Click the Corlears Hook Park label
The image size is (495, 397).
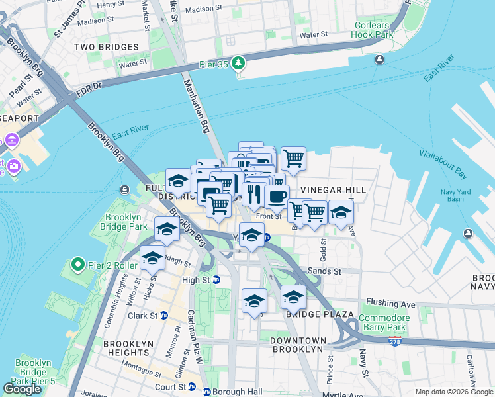[372, 29]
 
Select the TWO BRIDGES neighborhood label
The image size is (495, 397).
[107, 47]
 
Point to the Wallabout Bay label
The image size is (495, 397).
[443, 165]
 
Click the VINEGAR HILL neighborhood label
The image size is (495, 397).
[333, 190]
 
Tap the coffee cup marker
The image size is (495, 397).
[277, 196]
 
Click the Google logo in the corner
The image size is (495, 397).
[22, 388]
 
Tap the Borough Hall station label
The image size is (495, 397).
[237, 392]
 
